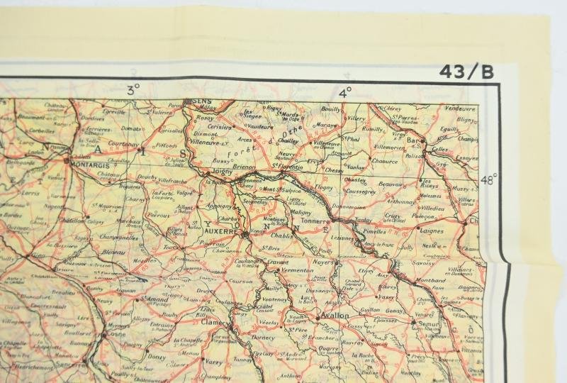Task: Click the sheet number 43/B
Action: [465, 71]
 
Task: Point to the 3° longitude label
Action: [133, 90]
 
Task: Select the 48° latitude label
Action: [489, 179]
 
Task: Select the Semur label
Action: [431, 323]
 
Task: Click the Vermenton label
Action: [298, 271]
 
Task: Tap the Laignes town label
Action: [432, 231]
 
